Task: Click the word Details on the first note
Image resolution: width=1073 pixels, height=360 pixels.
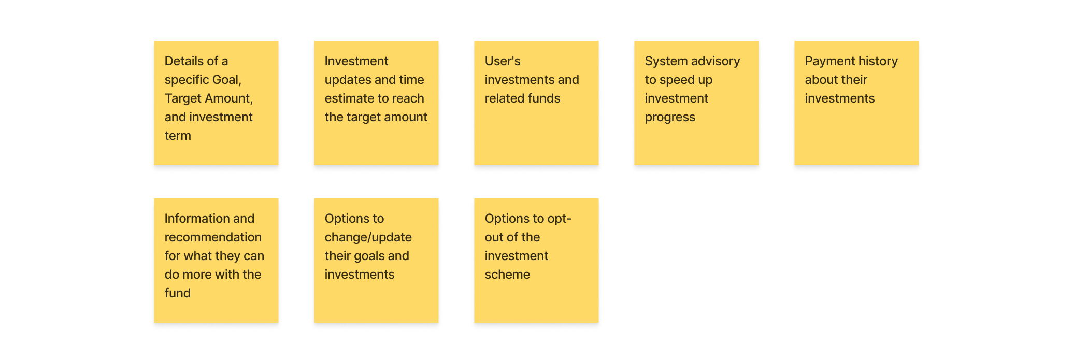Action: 184,61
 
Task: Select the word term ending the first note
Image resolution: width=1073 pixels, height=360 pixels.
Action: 178,136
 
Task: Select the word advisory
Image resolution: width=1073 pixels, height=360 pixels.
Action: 717,62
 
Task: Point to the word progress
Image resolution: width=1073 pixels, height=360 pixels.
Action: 670,118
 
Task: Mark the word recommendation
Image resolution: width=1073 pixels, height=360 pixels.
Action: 213,237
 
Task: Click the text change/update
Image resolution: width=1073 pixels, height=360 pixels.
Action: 368,238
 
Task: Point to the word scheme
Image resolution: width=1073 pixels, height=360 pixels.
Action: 507,275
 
